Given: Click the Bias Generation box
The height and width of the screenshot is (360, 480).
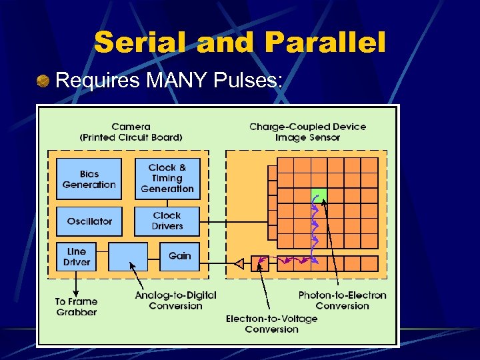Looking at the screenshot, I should (x=89, y=179).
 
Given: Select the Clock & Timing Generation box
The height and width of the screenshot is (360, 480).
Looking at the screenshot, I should (x=167, y=179).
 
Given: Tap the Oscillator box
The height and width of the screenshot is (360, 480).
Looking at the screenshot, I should (x=89, y=221).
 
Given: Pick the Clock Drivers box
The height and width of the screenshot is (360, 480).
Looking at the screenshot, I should (x=167, y=221).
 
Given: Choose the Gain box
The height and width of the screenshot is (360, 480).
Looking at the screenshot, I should (x=179, y=256).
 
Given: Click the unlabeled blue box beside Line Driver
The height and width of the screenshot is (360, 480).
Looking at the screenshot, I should (x=127, y=257).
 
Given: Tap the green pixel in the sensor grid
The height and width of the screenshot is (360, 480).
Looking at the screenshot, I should (x=319, y=197).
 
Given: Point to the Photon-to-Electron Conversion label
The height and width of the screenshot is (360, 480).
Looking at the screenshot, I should (x=342, y=300).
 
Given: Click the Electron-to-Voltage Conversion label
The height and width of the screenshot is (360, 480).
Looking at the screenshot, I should (x=271, y=323).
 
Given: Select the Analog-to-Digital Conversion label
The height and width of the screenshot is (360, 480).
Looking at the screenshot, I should (x=175, y=300).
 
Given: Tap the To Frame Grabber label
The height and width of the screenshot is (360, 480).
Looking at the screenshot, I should (x=76, y=307).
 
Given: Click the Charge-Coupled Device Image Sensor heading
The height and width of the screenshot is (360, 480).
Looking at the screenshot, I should (x=307, y=131).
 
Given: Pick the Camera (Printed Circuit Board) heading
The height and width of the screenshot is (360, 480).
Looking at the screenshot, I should (x=131, y=131).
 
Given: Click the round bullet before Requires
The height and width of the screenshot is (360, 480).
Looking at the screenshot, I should (x=43, y=81).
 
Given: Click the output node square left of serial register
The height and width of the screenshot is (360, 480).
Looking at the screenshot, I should (x=260, y=263).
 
